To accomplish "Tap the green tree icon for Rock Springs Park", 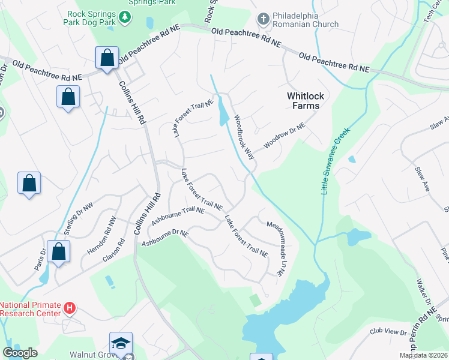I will coord(125,18).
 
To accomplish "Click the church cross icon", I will coord(262,19).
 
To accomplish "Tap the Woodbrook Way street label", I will coord(245,137).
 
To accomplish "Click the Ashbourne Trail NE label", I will coord(178,217).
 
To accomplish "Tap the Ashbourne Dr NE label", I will coord(165,238).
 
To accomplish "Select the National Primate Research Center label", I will coord(31,308).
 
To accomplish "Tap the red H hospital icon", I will coord(70,309).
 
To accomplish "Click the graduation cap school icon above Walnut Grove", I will coord(120,343).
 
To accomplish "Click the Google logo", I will coord(20,353).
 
